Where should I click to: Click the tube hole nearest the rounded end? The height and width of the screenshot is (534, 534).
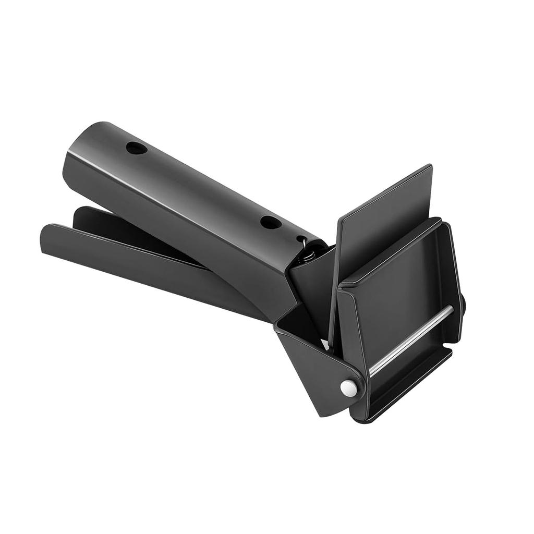pyautogui.click(x=137, y=148)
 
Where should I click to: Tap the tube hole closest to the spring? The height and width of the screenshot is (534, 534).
pyautogui.click(x=271, y=223)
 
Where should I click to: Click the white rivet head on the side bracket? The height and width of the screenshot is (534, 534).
pyautogui.click(x=348, y=387)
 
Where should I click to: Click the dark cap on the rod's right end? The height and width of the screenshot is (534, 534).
pyautogui.click(x=462, y=305)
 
